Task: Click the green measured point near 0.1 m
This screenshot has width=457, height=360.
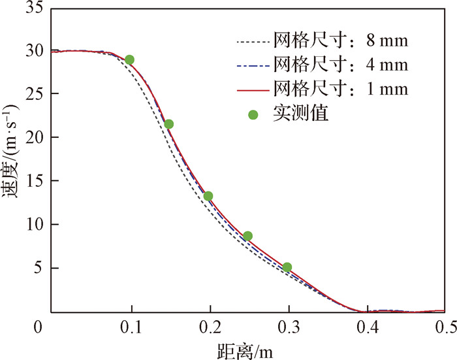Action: click(129, 60)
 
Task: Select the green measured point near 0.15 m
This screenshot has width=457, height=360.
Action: click(168, 124)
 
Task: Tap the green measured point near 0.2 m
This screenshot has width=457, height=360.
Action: click(208, 196)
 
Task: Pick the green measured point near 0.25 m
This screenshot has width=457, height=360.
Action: click(247, 236)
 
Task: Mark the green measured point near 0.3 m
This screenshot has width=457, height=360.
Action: click(287, 267)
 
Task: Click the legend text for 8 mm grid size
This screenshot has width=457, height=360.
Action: click(341, 42)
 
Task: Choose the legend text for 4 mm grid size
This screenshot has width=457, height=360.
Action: click(341, 65)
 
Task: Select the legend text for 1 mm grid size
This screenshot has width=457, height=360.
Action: click(341, 88)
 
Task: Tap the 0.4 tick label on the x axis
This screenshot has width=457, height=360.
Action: click(367, 325)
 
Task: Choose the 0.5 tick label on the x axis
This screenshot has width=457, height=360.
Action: click(444, 325)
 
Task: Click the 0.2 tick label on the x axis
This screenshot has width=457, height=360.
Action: click(209, 325)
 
